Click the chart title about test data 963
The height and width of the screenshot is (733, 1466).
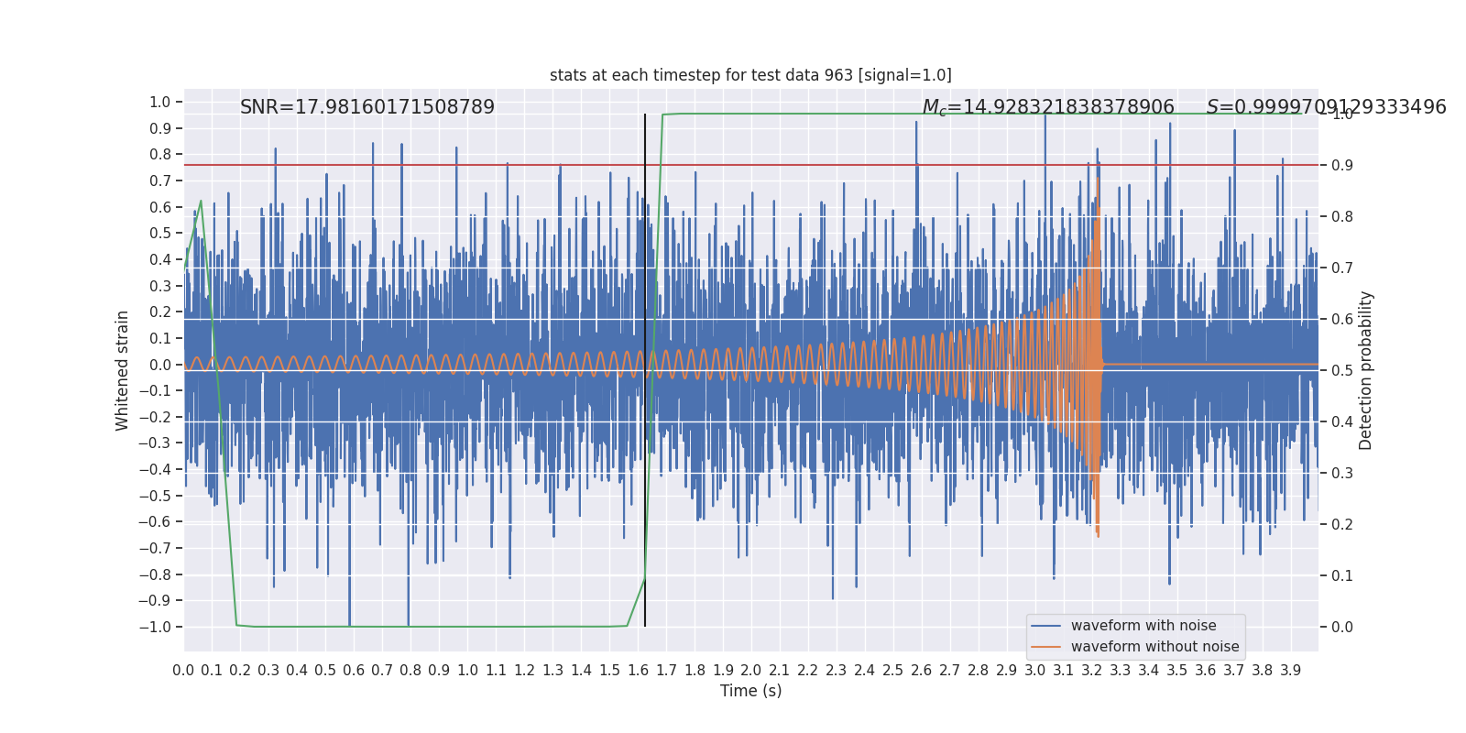tap(750, 75)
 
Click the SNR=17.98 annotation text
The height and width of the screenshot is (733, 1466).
tap(366, 107)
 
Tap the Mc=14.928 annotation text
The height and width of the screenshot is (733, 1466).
tap(1047, 107)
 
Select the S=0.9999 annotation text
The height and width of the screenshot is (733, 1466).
tap(1326, 107)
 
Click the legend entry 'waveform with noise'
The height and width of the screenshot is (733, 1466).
tap(1143, 626)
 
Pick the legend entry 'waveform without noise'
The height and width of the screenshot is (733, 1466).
tap(1154, 647)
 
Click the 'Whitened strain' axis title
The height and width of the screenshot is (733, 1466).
tap(123, 370)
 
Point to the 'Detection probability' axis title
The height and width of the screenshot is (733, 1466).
tap(1366, 370)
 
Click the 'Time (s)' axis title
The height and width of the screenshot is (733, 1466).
tap(750, 691)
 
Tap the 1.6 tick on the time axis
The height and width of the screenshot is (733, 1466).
tap(638, 671)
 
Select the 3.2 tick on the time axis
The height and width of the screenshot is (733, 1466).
tap(1092, 671)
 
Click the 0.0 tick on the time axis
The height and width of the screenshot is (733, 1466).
tap(183, 671)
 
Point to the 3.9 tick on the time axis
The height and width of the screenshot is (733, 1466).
tap(1291, 671)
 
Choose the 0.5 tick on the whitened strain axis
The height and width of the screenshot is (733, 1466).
tap(160, 234)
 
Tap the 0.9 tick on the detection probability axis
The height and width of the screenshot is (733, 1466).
tap(1342, 166)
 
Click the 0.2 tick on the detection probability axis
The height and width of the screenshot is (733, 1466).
tap(1342, 525)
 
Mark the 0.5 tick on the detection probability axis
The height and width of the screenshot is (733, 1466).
tap(1342, 371)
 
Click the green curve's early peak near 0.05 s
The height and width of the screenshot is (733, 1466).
tap(201, 201)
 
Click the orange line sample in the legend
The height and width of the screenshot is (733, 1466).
tap(1045, 647)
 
